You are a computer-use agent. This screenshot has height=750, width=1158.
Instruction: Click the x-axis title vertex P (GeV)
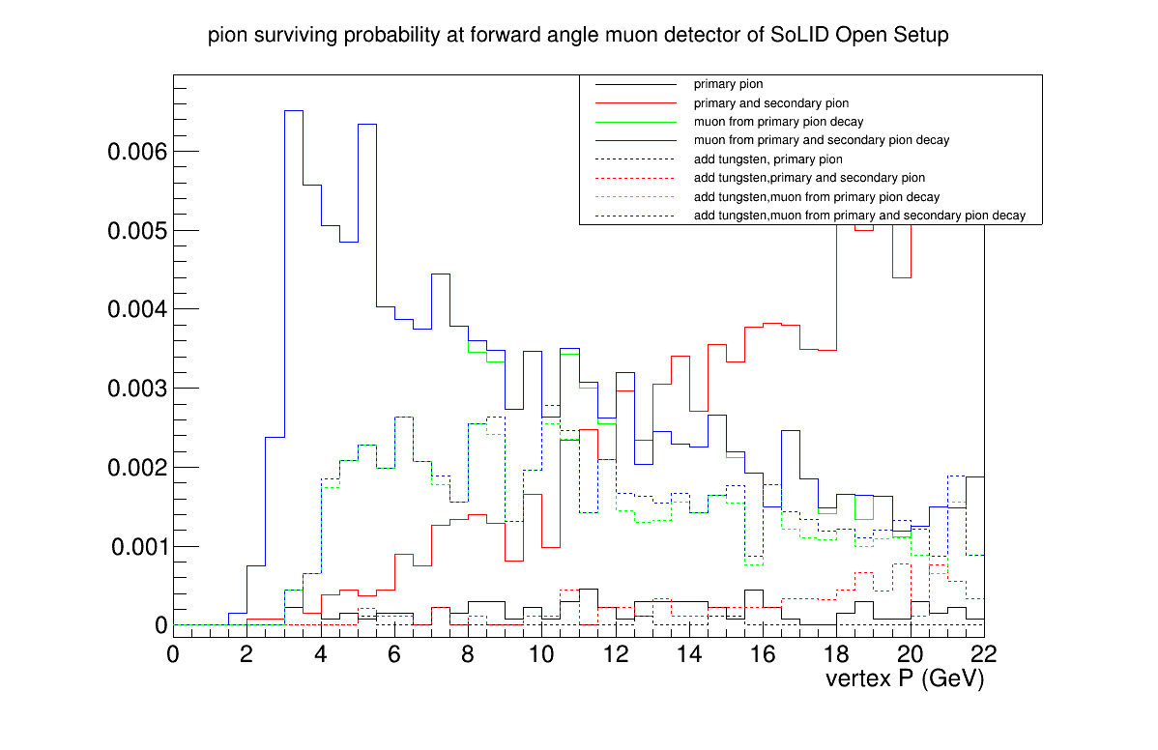(905, 678)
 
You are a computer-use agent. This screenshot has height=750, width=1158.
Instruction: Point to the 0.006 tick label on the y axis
(138, 152)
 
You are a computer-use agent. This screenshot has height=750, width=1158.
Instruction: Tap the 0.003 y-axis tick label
(138, 389)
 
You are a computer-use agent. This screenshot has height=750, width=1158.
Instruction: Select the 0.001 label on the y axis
(139, 546)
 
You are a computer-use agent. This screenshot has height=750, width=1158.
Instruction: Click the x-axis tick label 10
(541, 653)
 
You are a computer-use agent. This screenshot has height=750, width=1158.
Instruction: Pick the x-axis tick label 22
(984, 653)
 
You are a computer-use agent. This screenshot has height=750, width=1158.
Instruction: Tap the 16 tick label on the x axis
(763, 653)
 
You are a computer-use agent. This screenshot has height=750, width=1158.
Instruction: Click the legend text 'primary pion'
(728, 84)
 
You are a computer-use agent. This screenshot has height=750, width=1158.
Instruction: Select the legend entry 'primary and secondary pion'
(771, 103)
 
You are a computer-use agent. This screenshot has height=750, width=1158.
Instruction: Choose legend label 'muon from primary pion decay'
(778, 122)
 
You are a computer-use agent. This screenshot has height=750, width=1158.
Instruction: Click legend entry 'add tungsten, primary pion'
(768, 159)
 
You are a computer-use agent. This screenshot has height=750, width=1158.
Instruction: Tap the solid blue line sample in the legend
(636, 140)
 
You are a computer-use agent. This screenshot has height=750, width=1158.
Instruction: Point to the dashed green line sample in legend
(636, 197)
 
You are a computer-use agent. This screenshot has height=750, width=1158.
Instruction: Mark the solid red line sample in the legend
(636, 103)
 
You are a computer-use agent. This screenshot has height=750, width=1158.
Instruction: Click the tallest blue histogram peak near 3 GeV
(293, 111)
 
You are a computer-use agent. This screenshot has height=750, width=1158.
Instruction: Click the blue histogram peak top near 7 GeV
(441, 274)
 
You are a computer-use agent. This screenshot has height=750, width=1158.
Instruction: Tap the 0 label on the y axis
(161, 625)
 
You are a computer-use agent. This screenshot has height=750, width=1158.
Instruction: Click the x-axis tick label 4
(321, 653)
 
